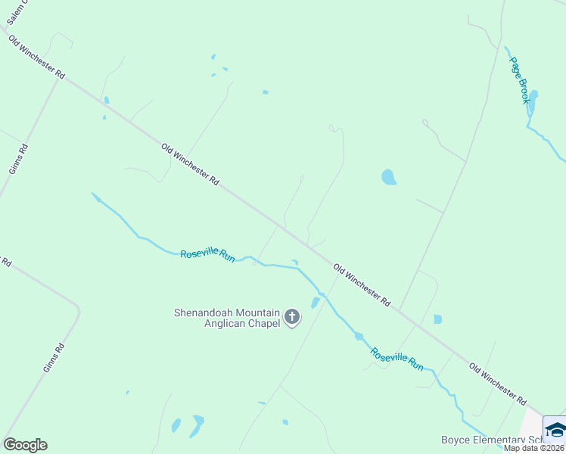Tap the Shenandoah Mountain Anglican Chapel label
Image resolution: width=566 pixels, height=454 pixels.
pyautogui.click(x=227, y=318)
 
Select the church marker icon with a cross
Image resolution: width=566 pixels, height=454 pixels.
pyautogui.click(x=293, y=318)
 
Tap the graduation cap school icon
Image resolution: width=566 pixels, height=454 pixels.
pyautogui.click(x=555, y=430)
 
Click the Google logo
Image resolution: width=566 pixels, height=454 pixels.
pyautogui.click(x=25, y=445)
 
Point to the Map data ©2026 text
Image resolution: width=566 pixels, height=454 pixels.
pyautogui.click(x=534, y=448)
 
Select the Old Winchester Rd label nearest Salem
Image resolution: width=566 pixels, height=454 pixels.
pyautogui.click(x=36, y=58)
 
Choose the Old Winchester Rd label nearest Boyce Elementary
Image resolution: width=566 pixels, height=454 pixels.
pyautogui.click(x=497, y=383)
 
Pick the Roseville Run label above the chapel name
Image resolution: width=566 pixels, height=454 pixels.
pyautogui.click(x=207, y=255)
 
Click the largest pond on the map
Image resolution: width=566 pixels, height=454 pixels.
pyautogui.click(x=389, y=177)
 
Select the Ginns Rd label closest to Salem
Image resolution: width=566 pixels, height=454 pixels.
pyautogui.click(x=18, y=159)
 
